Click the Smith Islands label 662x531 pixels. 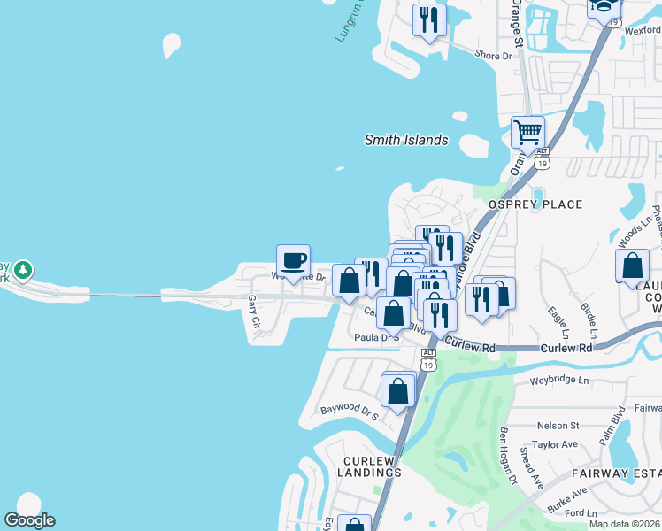pyautogui.click(x=406, y=140)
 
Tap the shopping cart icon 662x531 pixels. pyautogui.click(x=527, y=132)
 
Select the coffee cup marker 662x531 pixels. pyautogui.click(x=294, y=261)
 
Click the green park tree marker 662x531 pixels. pyautogui.click(x=24, y=269)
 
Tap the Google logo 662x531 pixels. pyautogui.click(x=29, y=520)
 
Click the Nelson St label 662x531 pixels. pyautogui.click(x=558, y=426)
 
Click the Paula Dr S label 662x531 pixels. pyautogui.click(x=377, y=337)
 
